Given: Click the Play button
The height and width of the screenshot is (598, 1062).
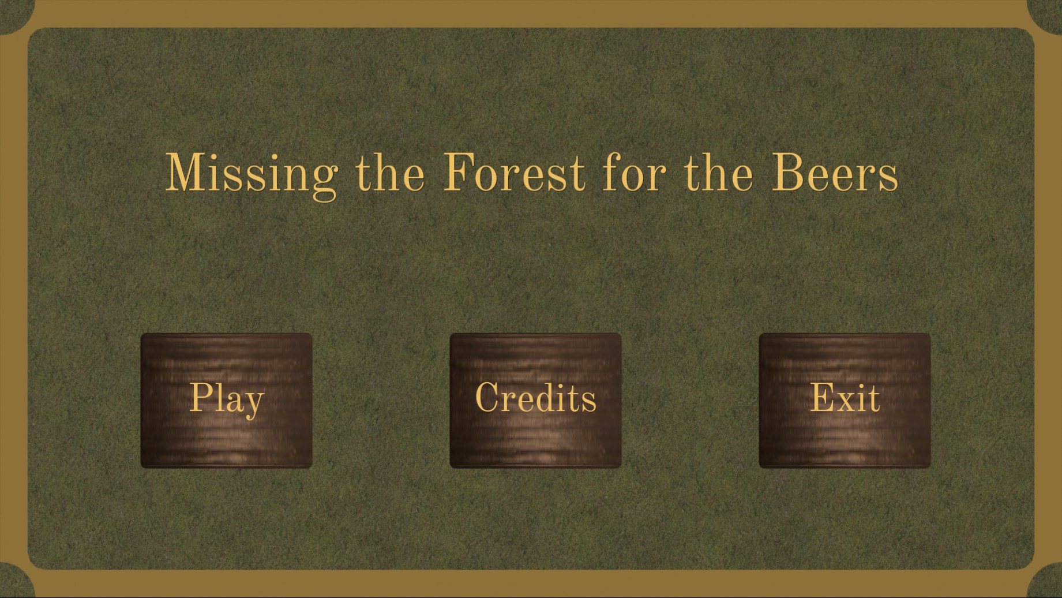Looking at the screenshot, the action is [227, 401].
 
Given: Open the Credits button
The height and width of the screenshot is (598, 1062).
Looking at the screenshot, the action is [536, 401].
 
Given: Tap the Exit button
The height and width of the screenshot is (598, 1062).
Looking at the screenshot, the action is [845, 401].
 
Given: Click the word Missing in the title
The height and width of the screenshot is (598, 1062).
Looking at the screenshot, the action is [252, 175].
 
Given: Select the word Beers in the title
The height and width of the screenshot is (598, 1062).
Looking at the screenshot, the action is [835, 173].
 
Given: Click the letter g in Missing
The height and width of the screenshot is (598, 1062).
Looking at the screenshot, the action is [324, 182].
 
